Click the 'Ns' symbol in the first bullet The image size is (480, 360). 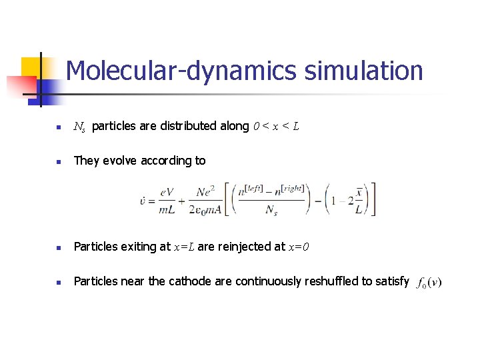tap(79, 127)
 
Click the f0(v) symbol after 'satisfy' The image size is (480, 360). tap(428, 283)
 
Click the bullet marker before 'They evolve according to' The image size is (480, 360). tap(58, 161)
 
